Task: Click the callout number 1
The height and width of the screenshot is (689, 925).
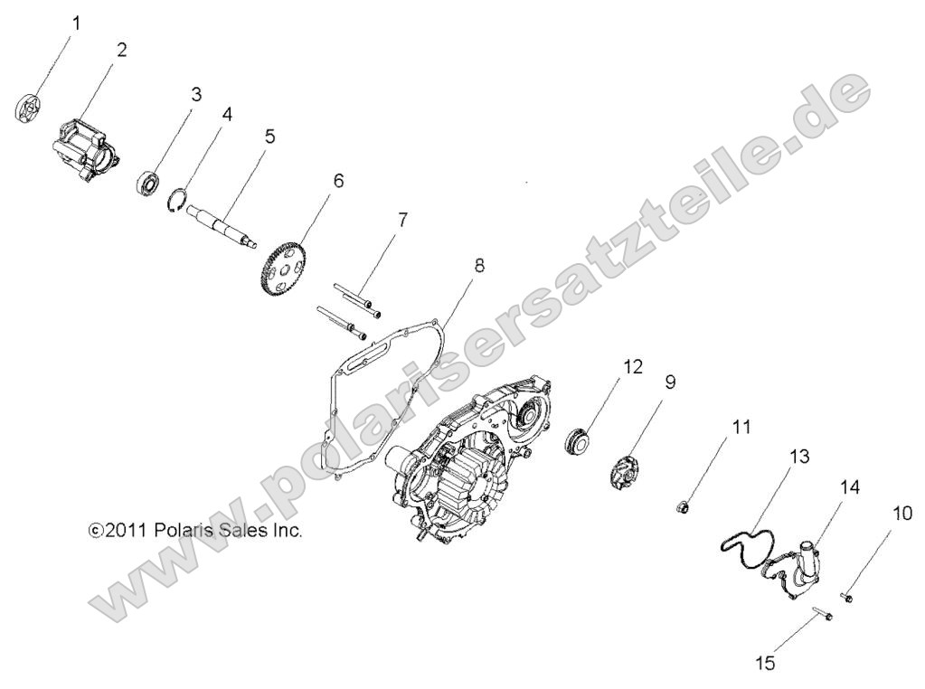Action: click(x=76, y=24)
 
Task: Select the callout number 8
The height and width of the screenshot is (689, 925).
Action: click(x=479, y=266)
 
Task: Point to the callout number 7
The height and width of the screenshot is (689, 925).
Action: click(x=401, y=220)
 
